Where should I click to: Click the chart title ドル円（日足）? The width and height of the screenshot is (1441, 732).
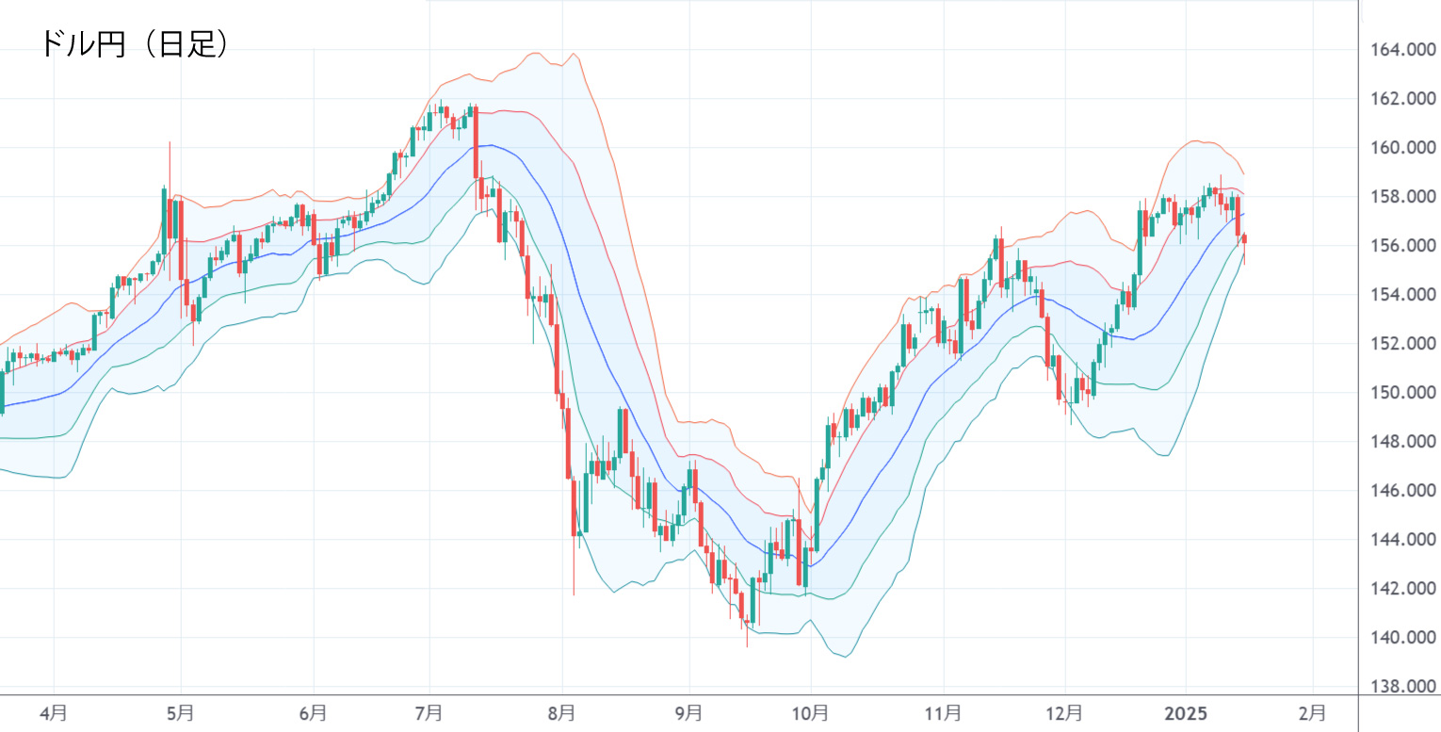[133, 44]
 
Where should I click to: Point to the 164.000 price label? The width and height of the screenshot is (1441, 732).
[1398, 50]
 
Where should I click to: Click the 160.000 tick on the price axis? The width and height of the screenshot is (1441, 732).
[1398, 148]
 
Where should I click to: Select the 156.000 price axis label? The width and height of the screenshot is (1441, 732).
[1398, 246]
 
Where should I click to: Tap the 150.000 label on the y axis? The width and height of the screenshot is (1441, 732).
[1398, 393]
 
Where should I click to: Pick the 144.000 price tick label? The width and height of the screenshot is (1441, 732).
[1398, 540]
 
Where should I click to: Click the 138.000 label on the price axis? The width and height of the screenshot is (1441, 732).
[1398, 687]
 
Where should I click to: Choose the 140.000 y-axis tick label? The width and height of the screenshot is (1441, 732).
[1398, 638]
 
